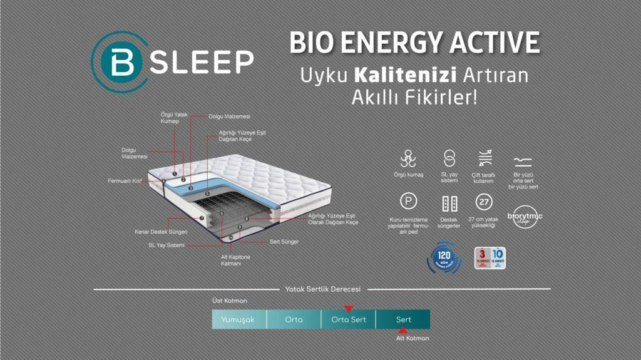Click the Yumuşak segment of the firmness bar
point(238,319)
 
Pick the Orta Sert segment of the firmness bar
point(348,319)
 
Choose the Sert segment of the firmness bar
point(403,319)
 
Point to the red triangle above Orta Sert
point(349,308)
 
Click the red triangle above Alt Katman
point(404,330)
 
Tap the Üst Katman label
point(230,301)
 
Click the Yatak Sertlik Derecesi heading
point(322,289)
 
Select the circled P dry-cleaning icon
point(408,202)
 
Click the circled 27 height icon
point(483,202)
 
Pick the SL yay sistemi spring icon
point(449,158)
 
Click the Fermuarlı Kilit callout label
point(125,181)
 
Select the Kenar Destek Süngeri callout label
point(161,232)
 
